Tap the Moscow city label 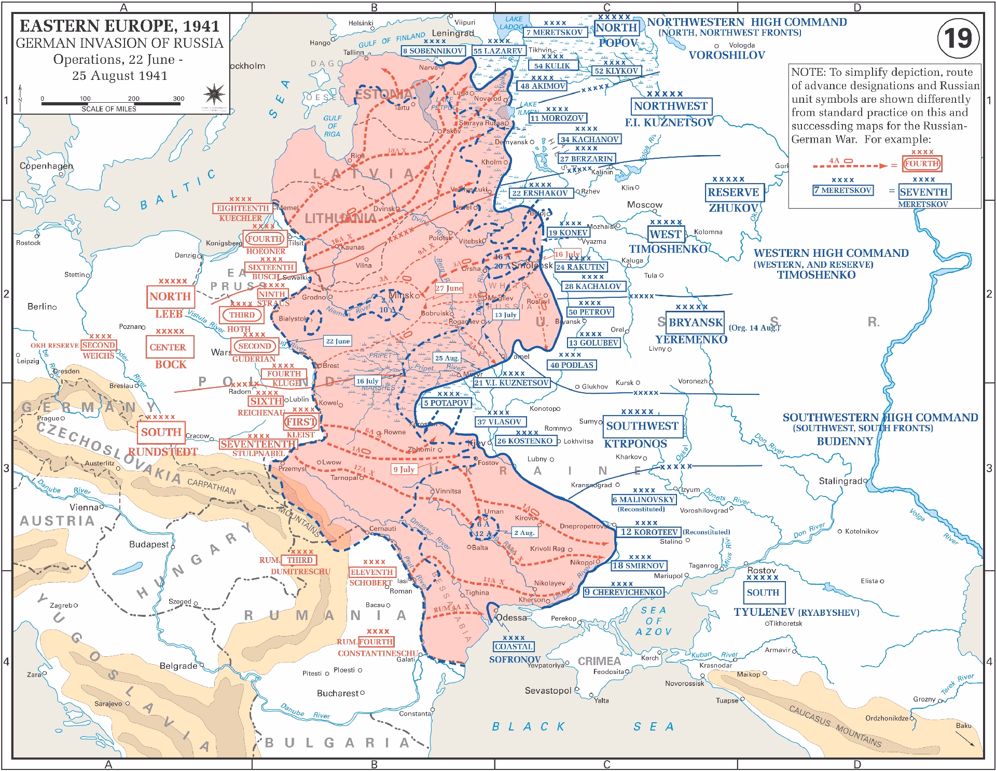pos(644,204)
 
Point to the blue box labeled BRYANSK pos(695,322)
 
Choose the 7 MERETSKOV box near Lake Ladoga pos(555,32)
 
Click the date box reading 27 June pos(449,288)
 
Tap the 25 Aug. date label pos(447,358)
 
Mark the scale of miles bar pos(110,103)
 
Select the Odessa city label pos(511,617)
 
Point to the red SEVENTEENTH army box pos(258,444)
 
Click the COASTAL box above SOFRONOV pos(513,646)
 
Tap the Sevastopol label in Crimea pos(548,691)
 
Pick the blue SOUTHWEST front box pos(642,426)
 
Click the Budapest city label pos(149,544)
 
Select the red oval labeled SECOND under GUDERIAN pos(255,346)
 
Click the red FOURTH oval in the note pos(922,163)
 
